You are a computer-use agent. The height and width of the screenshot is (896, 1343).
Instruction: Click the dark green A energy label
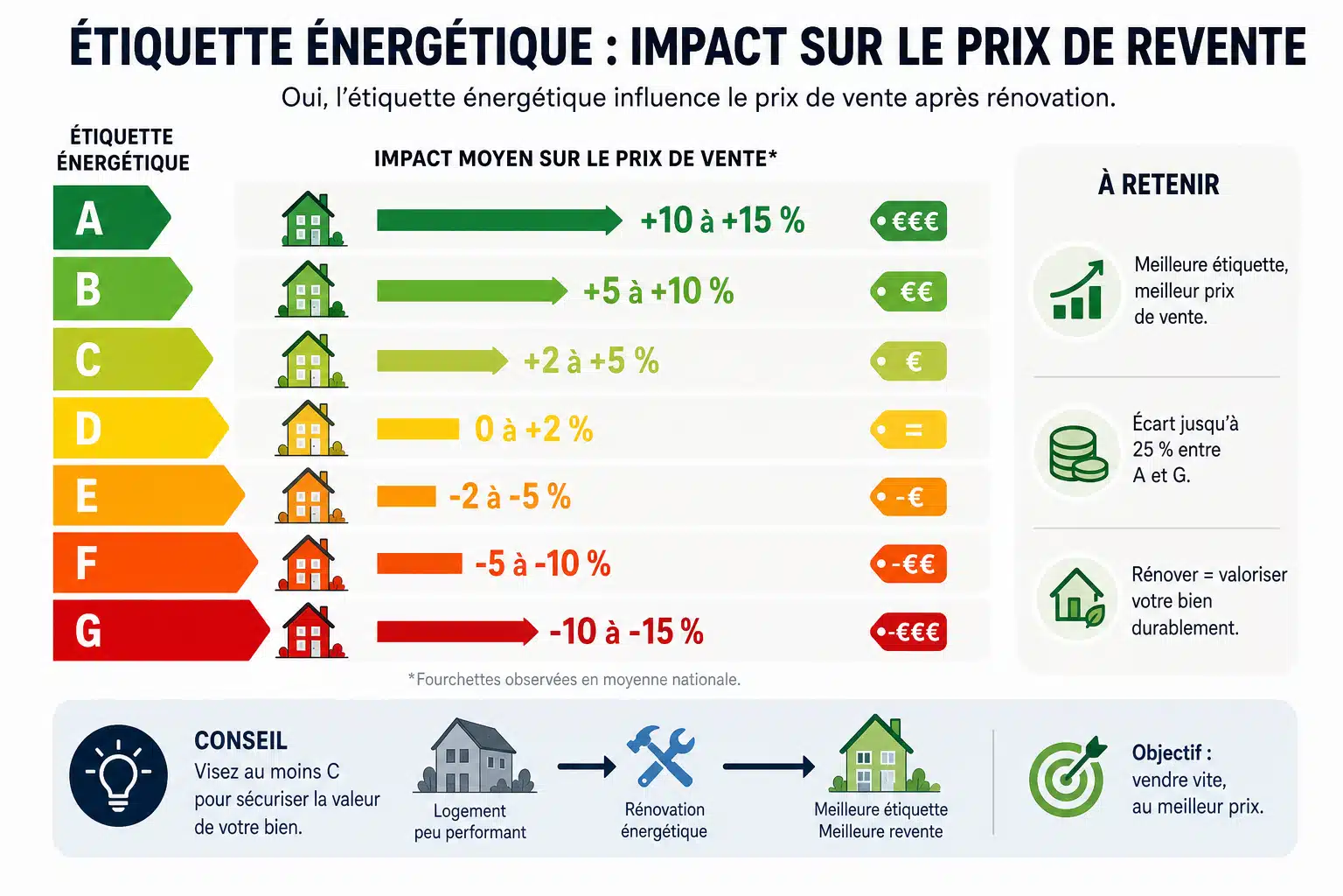click(111, 217)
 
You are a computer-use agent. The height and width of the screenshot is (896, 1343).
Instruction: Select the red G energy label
click(161, 630)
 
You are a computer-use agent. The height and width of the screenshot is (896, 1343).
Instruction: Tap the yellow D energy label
click(140, 428)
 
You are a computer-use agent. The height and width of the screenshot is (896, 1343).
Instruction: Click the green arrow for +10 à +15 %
click(499, 220)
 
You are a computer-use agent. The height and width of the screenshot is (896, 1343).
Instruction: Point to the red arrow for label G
click(457, 632)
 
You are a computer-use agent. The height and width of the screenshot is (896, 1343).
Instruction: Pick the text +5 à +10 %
click(658, 291)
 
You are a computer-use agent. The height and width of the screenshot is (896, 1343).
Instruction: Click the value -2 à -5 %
click(510, 496)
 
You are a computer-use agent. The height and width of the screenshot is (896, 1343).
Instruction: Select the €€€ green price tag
click(908, 220)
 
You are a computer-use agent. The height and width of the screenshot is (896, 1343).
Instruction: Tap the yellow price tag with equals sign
click(908, 429)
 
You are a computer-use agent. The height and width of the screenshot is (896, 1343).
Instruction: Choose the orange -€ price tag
click(908, 497)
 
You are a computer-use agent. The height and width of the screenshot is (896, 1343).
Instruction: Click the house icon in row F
click(311, 563)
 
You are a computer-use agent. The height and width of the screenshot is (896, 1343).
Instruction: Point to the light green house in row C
click(311, 359)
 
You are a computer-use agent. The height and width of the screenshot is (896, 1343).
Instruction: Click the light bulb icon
click(118, 775)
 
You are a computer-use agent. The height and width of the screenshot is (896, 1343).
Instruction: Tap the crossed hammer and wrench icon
click(661, 756)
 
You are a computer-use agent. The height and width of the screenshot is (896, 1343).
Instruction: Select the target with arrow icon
click(1068, 776)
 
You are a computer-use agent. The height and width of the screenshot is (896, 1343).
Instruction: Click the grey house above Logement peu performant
click(474, 756)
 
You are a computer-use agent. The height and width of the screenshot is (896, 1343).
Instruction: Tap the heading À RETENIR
click(1159, 185)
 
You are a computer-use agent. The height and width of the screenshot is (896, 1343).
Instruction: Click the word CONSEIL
click(240, 740)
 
